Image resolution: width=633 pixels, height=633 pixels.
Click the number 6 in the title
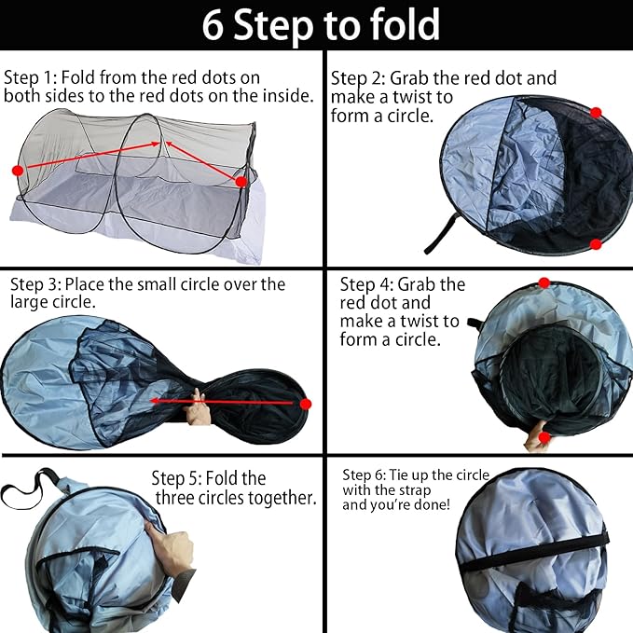[x=213, y=26]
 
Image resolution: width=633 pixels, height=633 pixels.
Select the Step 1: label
[x=33, y=77]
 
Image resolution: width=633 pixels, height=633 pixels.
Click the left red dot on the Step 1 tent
[x=17, y=171]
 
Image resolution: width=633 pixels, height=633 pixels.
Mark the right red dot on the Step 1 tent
[x=241, y=182]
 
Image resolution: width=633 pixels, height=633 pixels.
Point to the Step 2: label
[x=359, y=78]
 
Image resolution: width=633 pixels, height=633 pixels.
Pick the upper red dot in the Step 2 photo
[x=596, y=113]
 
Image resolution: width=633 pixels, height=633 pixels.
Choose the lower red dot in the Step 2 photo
[x=596, y=244]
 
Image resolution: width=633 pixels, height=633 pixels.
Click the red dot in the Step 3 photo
[x=305, y=404]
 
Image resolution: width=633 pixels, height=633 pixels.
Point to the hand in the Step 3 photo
[x=198, y=411]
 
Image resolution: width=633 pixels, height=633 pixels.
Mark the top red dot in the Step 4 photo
[x=544, y=283]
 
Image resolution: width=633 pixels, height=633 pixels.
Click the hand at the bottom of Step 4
[x=538, y=435]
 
